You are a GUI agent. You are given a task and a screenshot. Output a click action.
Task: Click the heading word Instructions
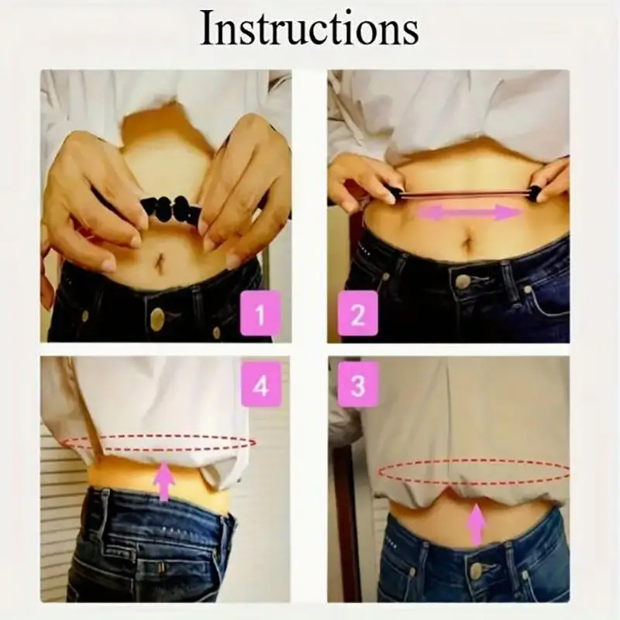coord(310,29)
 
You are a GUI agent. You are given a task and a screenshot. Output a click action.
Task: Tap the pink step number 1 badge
coord(260,315)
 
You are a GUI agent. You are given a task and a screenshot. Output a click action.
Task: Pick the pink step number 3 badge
coord(357,385)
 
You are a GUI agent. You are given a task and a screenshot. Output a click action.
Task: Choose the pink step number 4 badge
coord(260,385)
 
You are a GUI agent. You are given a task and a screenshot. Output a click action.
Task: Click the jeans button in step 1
coord(157,318)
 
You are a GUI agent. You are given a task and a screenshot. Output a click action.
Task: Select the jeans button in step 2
coord(463,281)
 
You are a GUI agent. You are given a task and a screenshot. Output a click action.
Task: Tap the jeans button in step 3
coord(476,570)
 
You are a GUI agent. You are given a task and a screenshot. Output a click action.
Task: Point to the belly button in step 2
coord(467,249)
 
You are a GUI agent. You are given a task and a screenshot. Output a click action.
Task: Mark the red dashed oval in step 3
coord(473,472)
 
